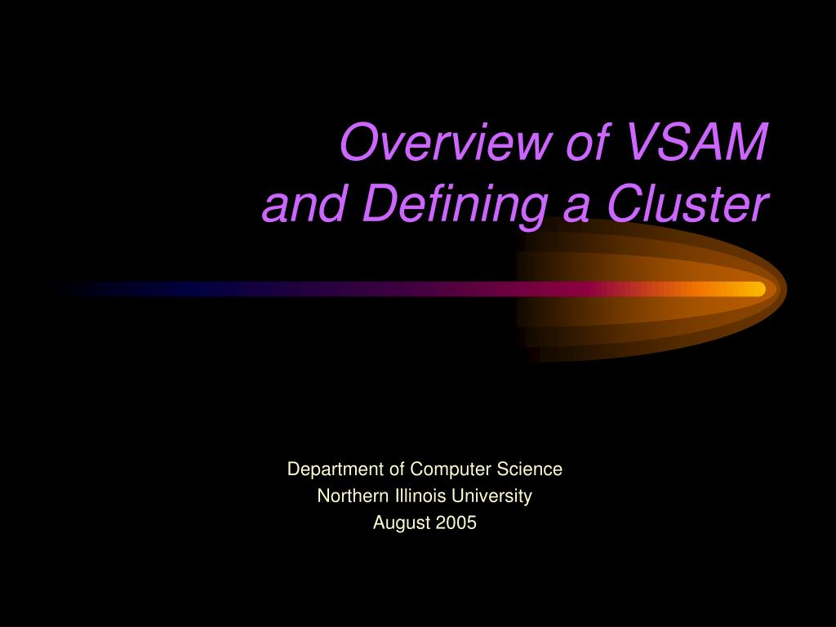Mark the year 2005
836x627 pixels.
(456, 523)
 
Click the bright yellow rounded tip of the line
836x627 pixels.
(755, 289)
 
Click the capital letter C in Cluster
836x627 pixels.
(627, 204)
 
